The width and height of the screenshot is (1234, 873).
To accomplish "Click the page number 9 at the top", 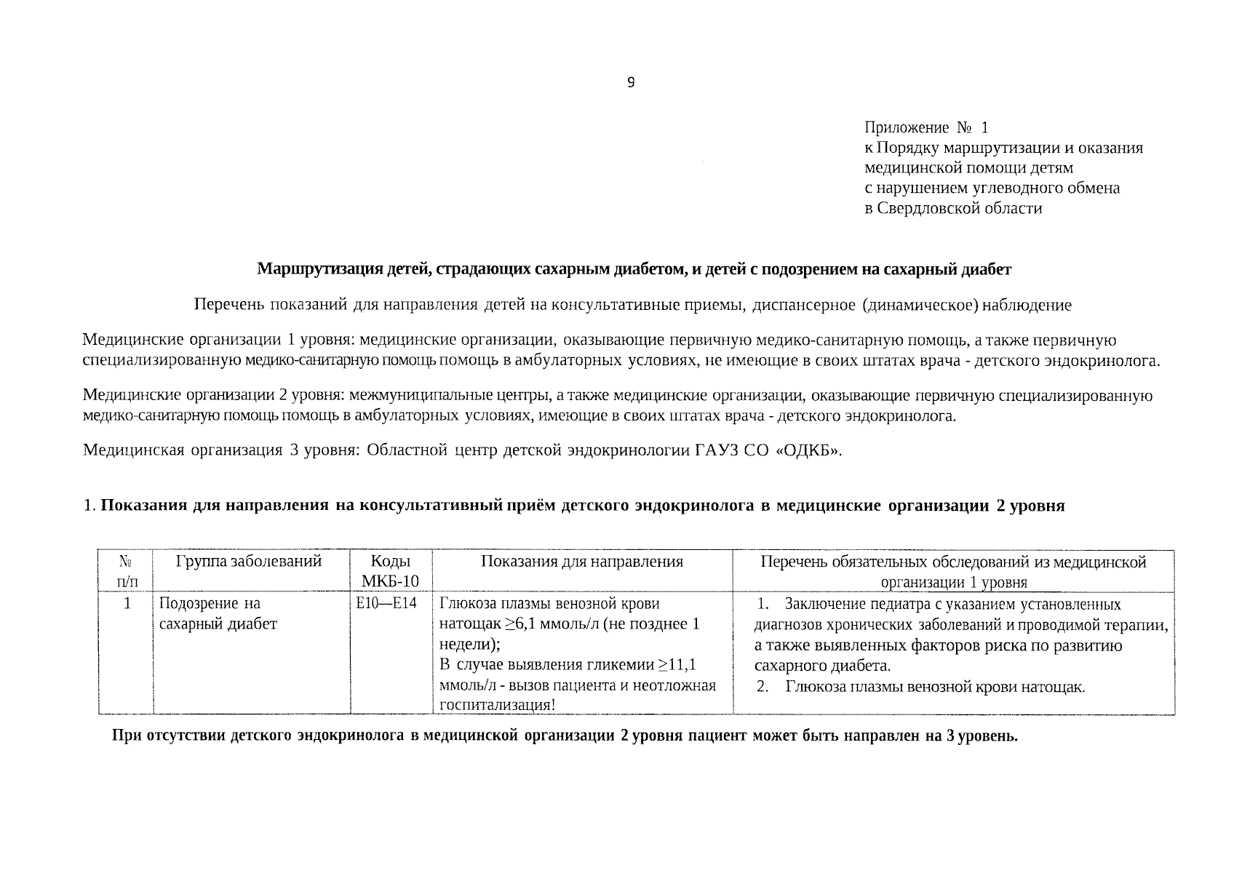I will [630, 83].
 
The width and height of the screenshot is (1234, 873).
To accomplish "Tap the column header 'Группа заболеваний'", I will [248, 562].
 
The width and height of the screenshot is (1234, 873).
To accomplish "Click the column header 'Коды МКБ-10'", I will [391, 571].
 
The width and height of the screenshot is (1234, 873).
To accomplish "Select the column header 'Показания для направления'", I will [581, 562].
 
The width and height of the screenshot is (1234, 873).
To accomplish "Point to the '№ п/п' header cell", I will [125, 571].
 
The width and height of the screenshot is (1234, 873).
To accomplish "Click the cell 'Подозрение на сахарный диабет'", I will [218, 614].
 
